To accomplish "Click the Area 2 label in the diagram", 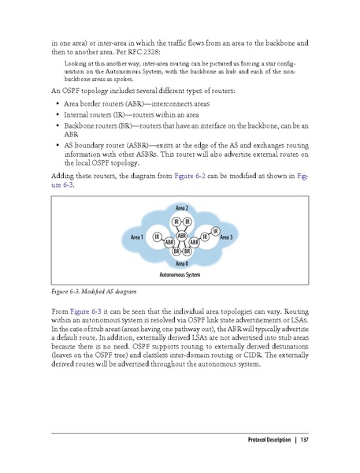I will (x=181, y=207).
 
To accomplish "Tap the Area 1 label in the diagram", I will (x=132, y=237).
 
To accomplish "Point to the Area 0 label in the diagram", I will (x=181, y=263).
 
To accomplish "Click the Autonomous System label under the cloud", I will (x=180, y=275).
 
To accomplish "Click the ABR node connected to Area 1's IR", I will (x=169, y=243).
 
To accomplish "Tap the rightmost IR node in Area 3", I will (x=215, y=230).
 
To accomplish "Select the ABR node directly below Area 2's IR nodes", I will (x=181, y=235).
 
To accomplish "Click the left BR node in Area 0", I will (x=176, y=251).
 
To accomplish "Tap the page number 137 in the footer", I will (x=303, y=439).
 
